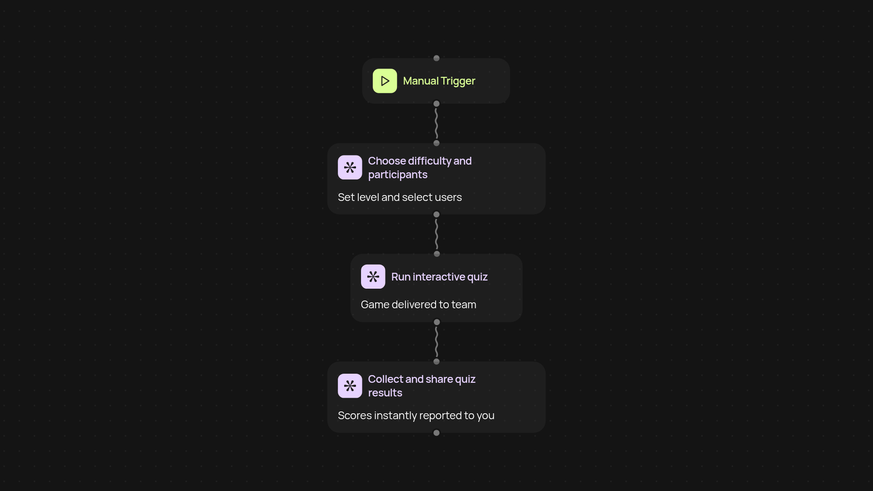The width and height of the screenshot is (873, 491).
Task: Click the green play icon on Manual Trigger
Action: [x=385, y=81]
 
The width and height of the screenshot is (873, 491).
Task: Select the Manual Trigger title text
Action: [x=439, y=81]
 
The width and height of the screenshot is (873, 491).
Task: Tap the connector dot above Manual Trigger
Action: [x=436, y=58]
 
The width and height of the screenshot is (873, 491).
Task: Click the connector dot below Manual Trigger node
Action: [x=436, y=104]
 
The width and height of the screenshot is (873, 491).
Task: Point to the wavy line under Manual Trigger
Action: [x=436, y=123]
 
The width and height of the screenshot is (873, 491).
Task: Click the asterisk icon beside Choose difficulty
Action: [x=350, y=167]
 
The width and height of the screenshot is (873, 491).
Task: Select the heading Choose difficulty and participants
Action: [x=420, y=168]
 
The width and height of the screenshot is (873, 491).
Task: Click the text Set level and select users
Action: [x=400, y=197]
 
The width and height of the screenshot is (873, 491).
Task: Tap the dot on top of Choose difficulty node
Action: [x=436, y=143]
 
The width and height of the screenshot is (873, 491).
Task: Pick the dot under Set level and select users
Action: [x=436, y=214]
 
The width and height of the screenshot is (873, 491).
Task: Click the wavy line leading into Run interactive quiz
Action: [x=436, y=234]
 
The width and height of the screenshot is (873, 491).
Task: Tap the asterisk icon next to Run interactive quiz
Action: [x=373, y=276]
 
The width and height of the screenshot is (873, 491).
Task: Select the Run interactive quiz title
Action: [x=439, y=277]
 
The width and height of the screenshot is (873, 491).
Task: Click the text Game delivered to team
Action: [x=418, y=305]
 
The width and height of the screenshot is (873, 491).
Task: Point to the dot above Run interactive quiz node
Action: [x=437, y=254]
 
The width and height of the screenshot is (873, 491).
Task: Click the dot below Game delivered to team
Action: [x=437, y=322]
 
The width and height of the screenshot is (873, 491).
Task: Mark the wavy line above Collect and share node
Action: [x=436, y=342]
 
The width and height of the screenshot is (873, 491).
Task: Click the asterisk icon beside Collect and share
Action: [x=350, y=386]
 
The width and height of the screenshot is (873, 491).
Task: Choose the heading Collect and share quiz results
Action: [x=421, y=386]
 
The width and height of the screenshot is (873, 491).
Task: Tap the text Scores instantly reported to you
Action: [x=416, y=416]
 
